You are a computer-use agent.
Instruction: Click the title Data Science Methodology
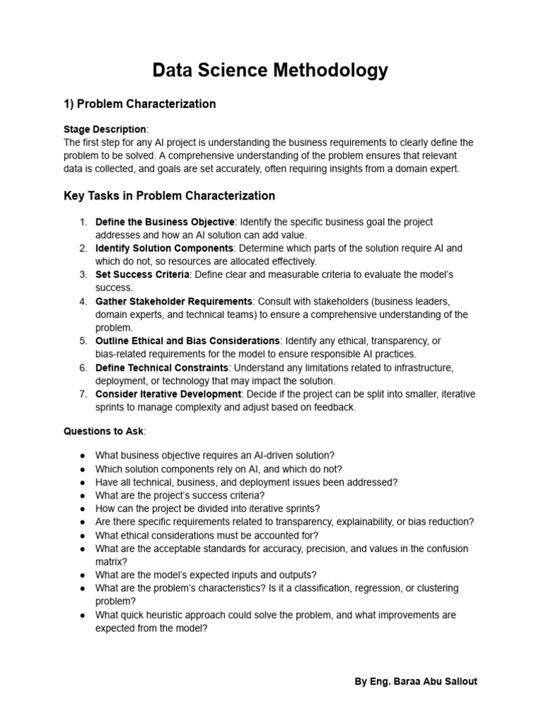[270, 70]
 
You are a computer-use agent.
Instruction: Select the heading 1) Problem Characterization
[139, 104]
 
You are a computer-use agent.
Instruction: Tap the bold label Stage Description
[105, 129]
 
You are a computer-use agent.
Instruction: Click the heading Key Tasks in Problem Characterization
[169, 195]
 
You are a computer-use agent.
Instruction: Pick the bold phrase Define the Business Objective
[165, 222]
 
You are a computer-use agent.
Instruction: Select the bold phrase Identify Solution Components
[164, 248]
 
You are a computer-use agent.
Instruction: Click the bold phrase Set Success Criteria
[142, 274]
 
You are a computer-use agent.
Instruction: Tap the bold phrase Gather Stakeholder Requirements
[173, 301]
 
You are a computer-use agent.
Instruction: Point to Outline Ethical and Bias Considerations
[187, 341]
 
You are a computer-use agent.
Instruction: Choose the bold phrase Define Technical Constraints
[161, 367]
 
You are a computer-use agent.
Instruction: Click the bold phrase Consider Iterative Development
[168, 393]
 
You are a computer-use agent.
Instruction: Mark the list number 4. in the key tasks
[83, 301]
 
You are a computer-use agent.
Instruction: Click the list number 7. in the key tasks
[83, 393]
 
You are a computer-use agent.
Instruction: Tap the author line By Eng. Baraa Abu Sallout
[416, 682]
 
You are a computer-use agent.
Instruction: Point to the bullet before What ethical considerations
[83, 535]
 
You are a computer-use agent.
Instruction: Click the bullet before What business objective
[83, 455]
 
